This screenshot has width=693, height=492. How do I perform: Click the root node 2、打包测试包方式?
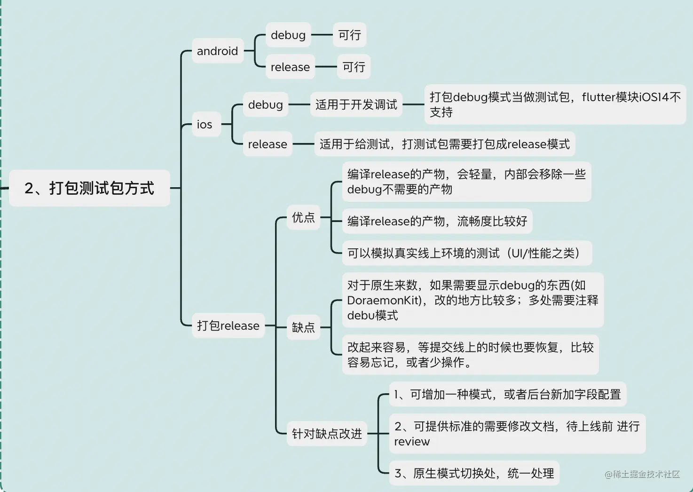pos(89,188)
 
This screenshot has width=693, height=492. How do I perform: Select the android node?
pos(217,51)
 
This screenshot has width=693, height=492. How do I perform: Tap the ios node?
pos(205,125)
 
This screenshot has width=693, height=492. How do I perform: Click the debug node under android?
pos(288,35)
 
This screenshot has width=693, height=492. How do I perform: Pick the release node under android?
pos(290,67)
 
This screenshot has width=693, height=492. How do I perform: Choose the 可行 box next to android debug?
pos(349,35)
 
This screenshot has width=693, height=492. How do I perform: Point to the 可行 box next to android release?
pos(354,67)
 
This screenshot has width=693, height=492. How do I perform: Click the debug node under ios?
pos(265,104)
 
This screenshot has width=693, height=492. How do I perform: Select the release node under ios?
pos(267,144)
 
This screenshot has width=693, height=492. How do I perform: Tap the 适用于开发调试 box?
pos(356,104)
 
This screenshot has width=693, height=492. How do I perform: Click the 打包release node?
pos(228,325)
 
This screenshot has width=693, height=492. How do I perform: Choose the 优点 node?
pos(303,217)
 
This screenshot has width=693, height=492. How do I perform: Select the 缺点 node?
pos(303,327)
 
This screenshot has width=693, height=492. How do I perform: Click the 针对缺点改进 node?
pos(327,434)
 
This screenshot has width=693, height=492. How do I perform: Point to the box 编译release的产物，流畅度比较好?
pos(437,221)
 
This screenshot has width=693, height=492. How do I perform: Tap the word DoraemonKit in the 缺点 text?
pos(384,301)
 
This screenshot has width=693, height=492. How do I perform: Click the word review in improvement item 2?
pos(412,442)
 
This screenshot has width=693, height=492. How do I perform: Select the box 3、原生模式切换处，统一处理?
pos(474,473)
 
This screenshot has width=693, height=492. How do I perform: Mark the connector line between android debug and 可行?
pos(322,35)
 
